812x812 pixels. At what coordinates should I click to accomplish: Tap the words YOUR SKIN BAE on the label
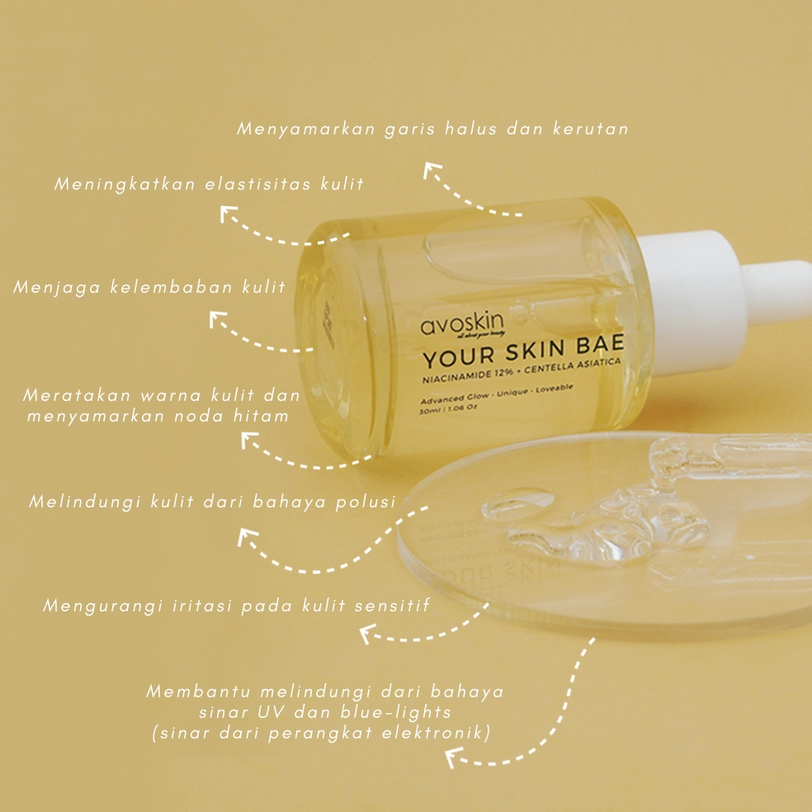(x=524, y=354)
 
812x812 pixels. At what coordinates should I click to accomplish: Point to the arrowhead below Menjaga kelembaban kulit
(x=218, y=320)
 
